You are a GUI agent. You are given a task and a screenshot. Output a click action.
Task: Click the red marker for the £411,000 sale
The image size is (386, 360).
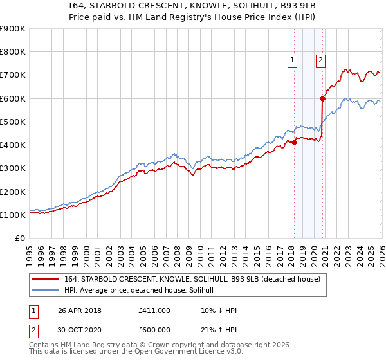(294, 142)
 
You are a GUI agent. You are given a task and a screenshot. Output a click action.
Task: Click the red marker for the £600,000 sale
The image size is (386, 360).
(323, 98)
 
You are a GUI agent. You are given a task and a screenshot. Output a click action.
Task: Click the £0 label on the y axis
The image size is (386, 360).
(19, 239)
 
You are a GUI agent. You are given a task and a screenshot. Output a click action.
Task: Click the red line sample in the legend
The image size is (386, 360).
(46, 279)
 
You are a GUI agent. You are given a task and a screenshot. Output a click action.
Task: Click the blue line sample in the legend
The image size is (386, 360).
(46, 290)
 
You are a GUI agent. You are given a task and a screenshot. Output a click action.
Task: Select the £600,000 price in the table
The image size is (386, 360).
(154, 331)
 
